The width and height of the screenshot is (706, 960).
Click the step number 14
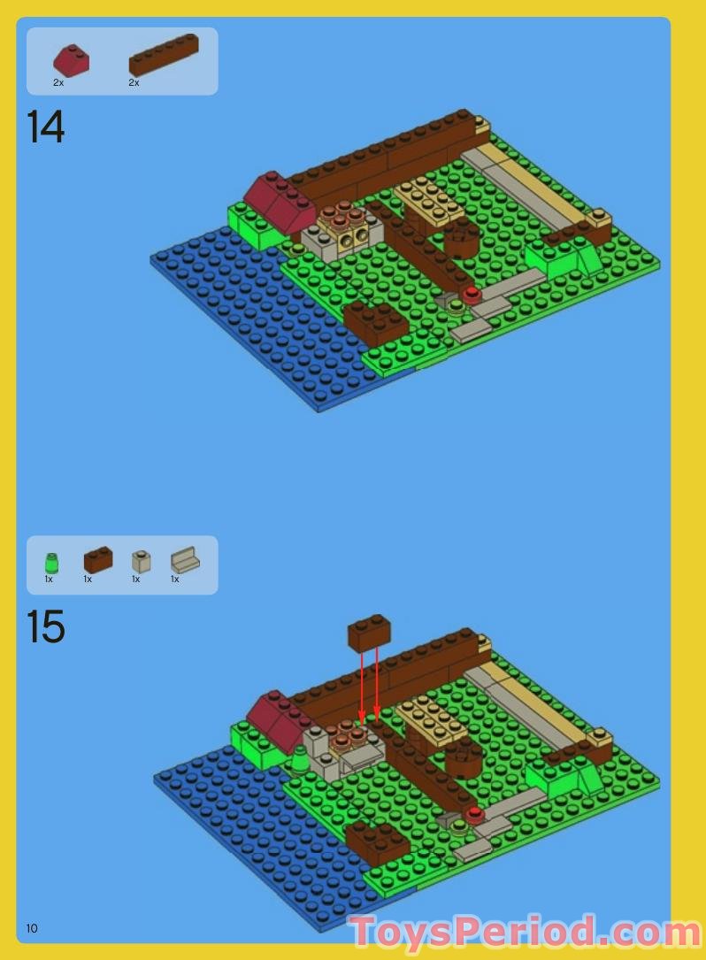point(46,127)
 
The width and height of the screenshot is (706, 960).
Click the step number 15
point(46,626)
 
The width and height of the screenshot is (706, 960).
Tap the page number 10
point(32,928)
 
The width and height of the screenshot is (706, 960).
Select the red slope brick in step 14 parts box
point(71,60)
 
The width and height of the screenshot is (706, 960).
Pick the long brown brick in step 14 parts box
point(164,55)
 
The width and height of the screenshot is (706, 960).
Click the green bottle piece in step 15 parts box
point(51,562)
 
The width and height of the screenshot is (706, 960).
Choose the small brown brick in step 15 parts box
point(98,559)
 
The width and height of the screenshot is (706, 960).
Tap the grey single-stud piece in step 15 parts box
point(140,561)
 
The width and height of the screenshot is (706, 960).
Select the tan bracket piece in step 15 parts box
point(185,561)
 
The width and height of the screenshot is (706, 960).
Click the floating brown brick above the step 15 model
point(370,634)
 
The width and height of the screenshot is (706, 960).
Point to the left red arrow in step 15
point(362,686)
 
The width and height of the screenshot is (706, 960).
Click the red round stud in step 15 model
point(475,813)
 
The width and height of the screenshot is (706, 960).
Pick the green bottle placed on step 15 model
point(301,758)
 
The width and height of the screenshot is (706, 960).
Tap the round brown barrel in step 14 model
point(461,237)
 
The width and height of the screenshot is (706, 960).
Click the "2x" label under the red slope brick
point(58,82)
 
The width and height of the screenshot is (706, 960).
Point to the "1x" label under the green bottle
point(50,580)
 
